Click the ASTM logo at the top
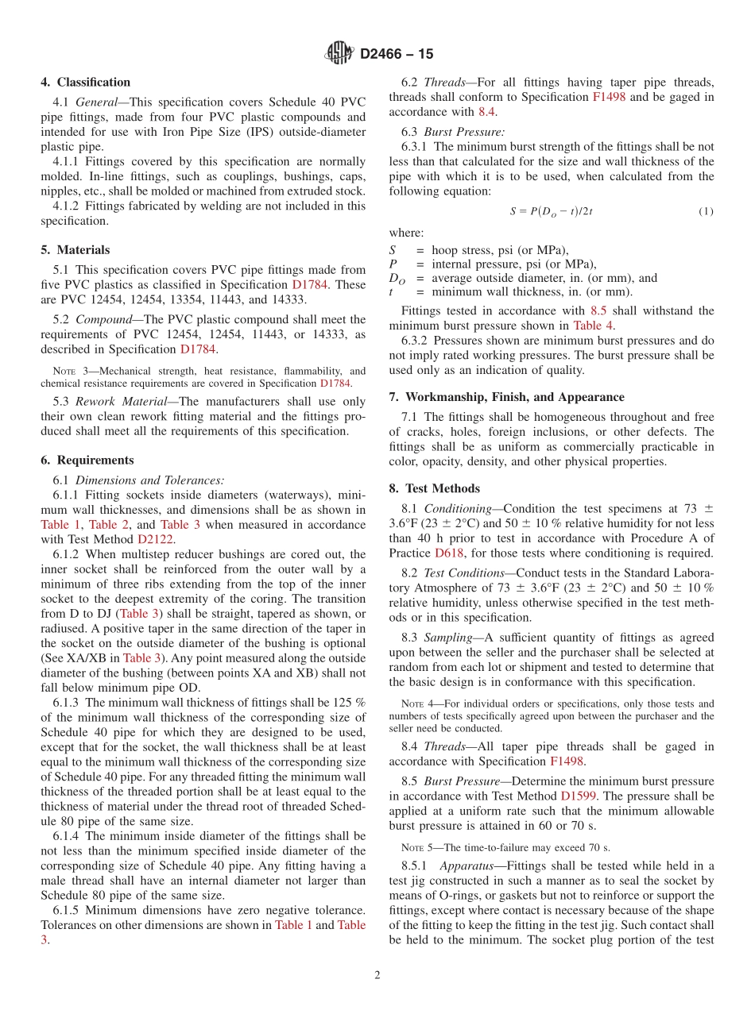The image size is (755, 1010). click(x=339, y=53)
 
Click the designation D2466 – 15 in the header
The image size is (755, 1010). click(x=397, y=54)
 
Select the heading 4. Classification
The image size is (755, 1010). click(x=86, y=82)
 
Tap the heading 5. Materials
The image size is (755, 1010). click(x=75, y=249)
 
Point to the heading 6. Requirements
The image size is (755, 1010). click(x=87, y=460)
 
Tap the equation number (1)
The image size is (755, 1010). click(x=706, y=211)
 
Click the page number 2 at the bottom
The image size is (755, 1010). click(x=377, y=975)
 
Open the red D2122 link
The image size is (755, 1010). click(x=155, y=539)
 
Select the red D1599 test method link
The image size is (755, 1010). click(x=579, y=796)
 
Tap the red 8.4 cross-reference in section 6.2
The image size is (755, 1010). click(x=486, y=112)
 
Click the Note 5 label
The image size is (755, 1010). click(x=417, y=847)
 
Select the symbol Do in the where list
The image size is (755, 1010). click(x=397, y=279)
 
